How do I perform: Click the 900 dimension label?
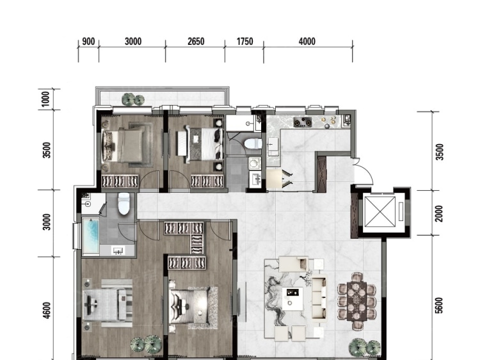[88, 42]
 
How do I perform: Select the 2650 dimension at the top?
[196, 42]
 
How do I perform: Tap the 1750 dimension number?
[245, 42]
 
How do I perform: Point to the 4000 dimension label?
[307, 42]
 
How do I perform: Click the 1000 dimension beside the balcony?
[45, 99]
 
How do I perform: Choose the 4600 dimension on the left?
[47, 311]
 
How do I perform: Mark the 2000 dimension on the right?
[439, 213]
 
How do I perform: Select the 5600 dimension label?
[439, 306]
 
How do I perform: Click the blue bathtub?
[91, 236]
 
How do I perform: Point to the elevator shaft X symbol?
[380, 212]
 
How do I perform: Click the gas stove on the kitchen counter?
[303, 122]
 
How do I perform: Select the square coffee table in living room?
[292, 299]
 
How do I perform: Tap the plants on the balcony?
[133, 99]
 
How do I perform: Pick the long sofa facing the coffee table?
[319, 297]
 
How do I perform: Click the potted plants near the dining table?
[365, 347]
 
